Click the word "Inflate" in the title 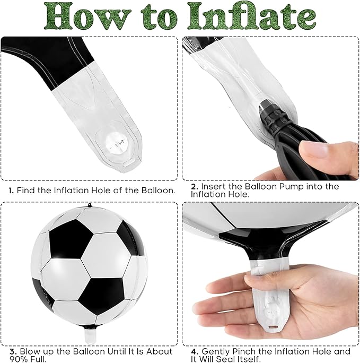251,16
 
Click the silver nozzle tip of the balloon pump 265,103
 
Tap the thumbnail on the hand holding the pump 312,150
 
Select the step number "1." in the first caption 11,191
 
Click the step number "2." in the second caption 195,187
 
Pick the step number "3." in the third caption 13,351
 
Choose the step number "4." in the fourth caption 195,351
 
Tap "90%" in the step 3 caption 19,359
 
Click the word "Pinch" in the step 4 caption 244,351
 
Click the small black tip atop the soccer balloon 90,205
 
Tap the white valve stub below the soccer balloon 90,336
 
